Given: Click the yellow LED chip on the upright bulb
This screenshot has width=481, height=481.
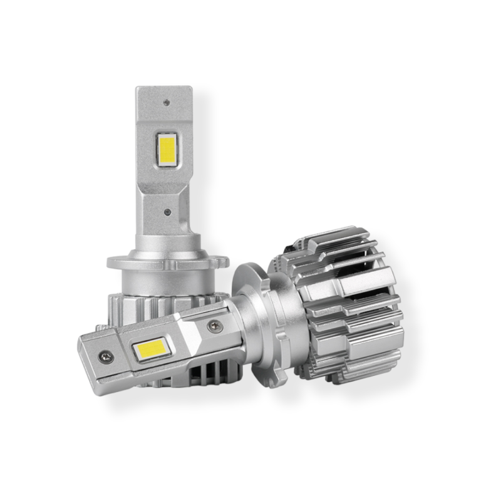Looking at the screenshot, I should (x=167, y=149).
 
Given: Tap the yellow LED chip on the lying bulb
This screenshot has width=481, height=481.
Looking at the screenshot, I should (x=151, y=348).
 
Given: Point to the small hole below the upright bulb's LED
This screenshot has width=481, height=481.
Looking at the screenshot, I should (x=167, y=212).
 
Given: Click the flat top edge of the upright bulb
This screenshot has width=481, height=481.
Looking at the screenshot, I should (x=164, y=88).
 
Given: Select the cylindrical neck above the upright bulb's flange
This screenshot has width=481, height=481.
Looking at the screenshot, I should (x=164, y=241).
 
